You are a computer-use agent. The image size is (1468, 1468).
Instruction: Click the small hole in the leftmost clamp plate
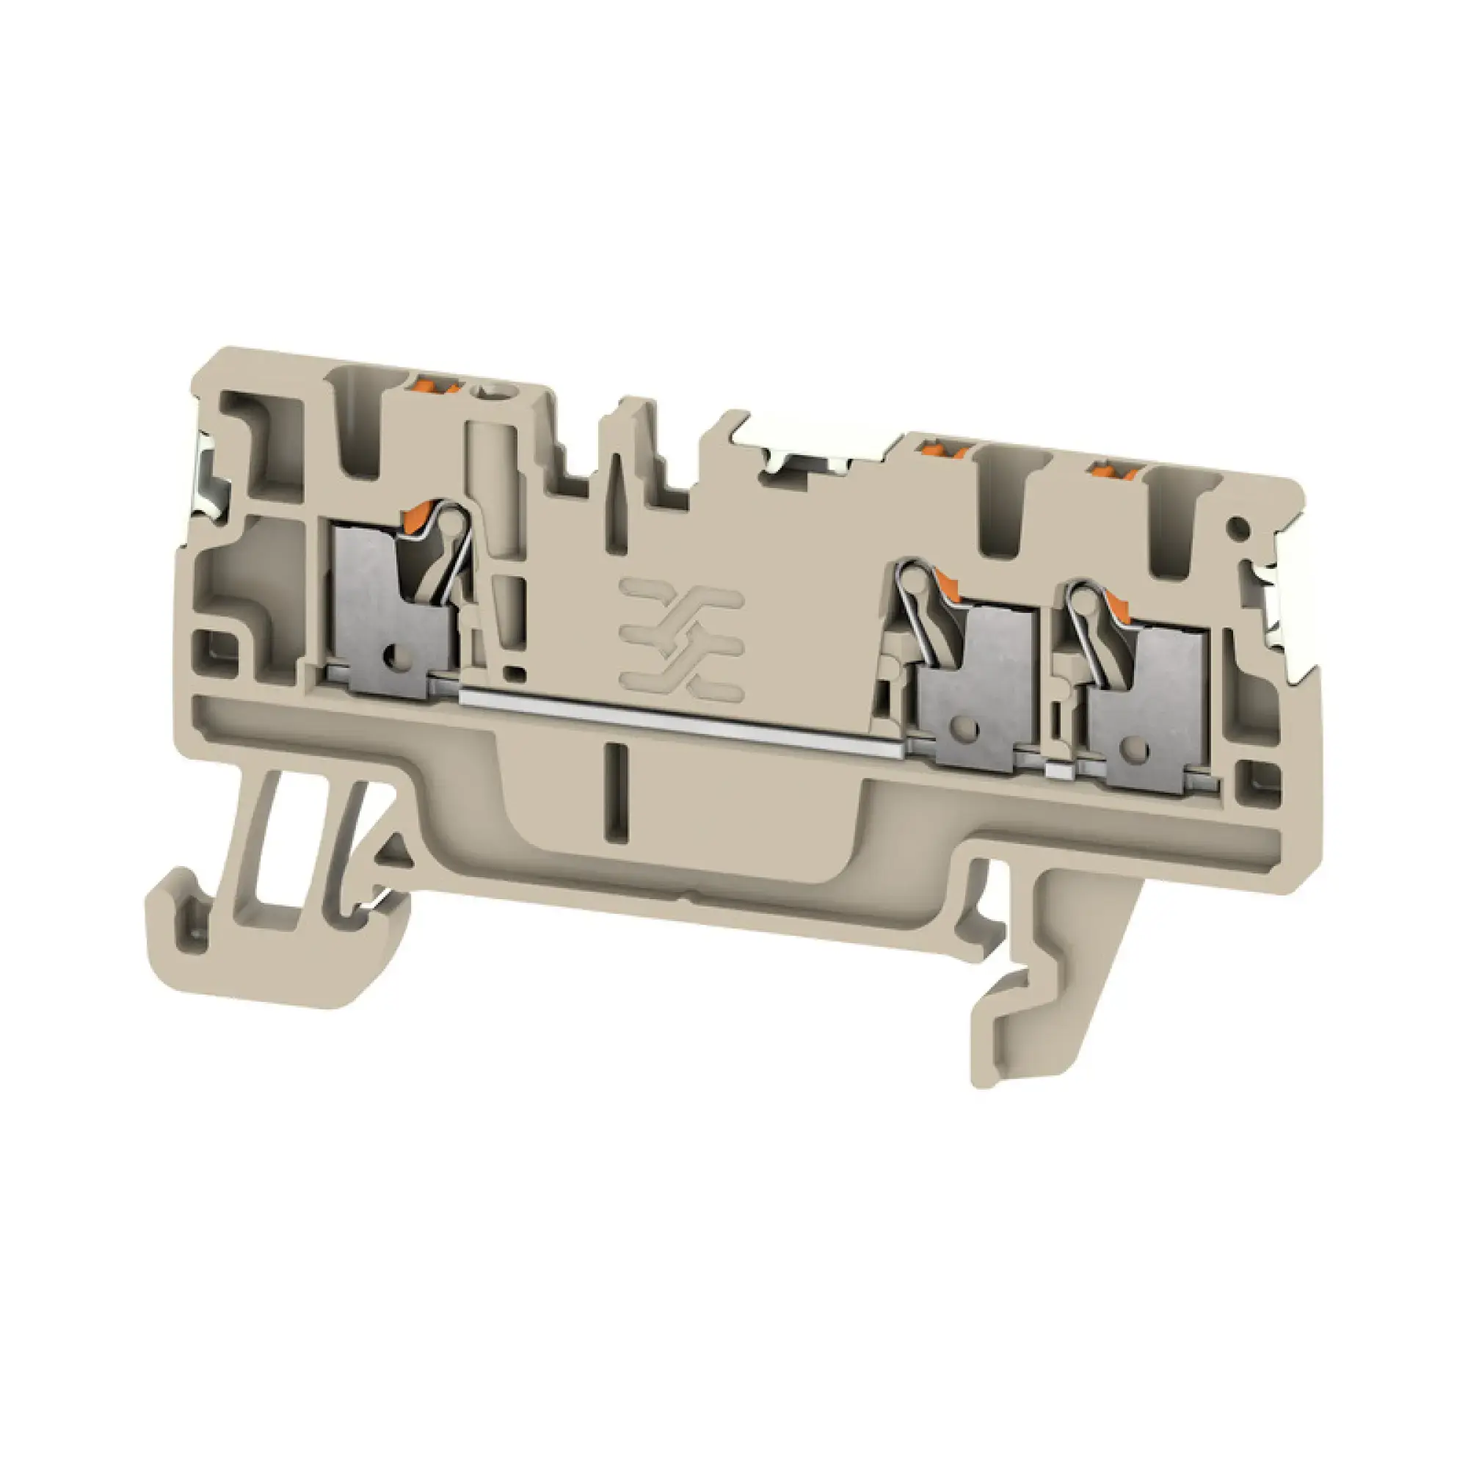tap(394, 652)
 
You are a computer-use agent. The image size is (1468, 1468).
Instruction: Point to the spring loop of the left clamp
tap(451, 520)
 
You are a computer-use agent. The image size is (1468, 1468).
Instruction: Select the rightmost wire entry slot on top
tap(1174, 524)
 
